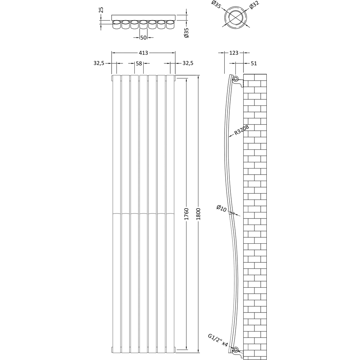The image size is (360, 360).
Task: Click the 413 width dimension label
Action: [x=143, y=53]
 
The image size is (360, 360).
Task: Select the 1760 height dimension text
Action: [x=186, y=214]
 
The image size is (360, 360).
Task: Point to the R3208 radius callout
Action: [x=242, y=130]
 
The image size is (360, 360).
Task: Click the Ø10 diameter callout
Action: [x=221, y=208]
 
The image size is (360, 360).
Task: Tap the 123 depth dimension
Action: [x=234, y=53]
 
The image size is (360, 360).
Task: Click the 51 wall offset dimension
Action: [x=254, y=63]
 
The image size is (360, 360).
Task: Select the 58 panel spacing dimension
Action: [x=139, y=63]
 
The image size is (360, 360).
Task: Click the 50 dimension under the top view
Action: [x=143, y=37]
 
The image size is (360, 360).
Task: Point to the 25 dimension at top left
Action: [x=101, y=10]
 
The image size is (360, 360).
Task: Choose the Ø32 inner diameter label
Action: [x=254, y=5]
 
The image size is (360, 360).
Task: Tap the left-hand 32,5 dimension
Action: [x=99, y=63]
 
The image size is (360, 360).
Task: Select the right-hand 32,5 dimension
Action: [x=188, y=63]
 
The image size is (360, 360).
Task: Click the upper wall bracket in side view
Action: [x=238, y=81]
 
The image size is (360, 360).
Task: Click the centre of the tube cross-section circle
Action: [x=235, y=17]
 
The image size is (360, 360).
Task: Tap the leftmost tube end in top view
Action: [x=117, y=24]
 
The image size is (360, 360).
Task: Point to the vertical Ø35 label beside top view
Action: [x=186, y=33]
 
